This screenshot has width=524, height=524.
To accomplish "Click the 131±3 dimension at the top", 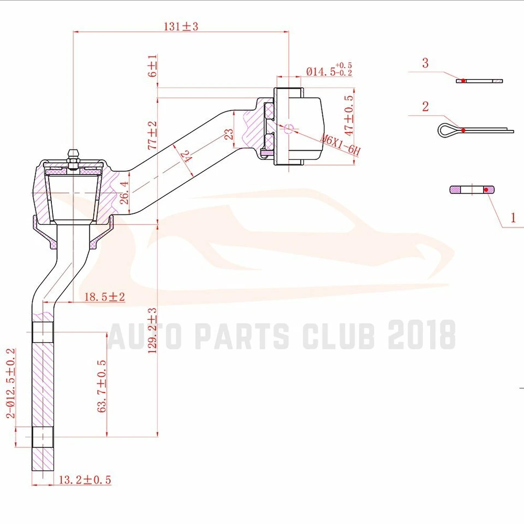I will click(181, 26).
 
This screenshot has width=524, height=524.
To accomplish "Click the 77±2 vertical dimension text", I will click(153, 135).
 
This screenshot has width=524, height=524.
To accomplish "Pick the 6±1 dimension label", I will click(153, 65).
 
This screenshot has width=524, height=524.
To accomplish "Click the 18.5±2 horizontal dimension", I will click(105, 297).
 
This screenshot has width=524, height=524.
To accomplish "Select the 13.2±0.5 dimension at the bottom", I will click(85, 480).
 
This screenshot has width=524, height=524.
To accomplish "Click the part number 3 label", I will click(425, 63).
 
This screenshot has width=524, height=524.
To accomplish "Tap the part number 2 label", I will click(425, 106).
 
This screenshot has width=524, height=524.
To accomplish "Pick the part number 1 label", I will click(513, 218).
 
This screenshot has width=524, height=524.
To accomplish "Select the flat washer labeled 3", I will click(479, 81).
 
